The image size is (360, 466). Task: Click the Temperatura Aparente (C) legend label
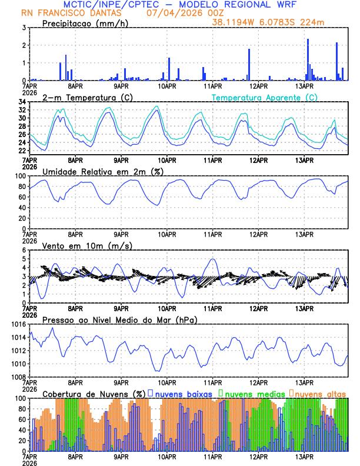pos(264,97)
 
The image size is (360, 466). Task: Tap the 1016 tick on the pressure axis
pos(18,324)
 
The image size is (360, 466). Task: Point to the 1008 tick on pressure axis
pos(18,377)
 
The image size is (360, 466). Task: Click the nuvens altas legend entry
pos(321,393)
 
